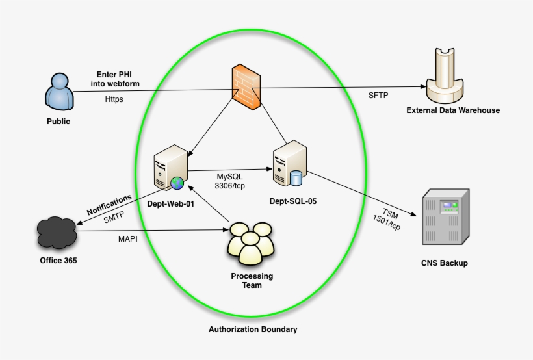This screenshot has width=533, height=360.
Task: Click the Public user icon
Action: (58, 92)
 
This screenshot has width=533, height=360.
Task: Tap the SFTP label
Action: (378, 96)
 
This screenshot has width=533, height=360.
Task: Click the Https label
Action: (114, 99)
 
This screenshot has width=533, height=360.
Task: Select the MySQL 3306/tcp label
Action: (231, 180)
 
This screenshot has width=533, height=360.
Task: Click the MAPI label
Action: (127, 238)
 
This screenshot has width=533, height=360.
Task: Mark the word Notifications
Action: (109, 204)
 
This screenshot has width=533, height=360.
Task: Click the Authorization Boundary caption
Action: (253, 329)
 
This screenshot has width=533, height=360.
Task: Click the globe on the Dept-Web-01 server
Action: (177, 183)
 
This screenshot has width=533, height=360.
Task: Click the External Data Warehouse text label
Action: (453, 110)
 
